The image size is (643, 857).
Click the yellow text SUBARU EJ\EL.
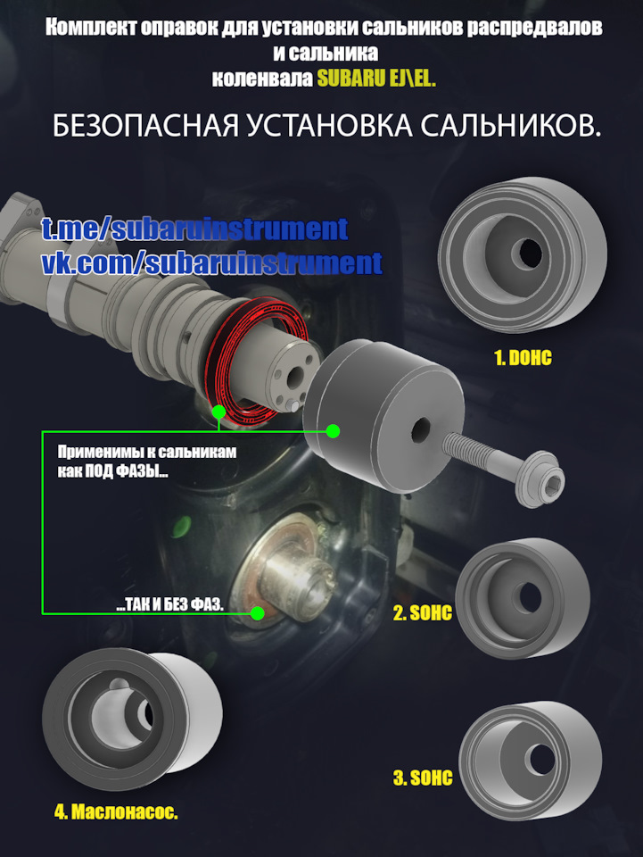point(376,78)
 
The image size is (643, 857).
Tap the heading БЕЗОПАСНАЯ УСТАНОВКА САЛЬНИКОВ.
point(326,126)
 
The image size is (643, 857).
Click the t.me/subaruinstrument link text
point(194,229)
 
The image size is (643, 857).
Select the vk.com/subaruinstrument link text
point(211,263)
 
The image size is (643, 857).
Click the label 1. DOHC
point(523,358)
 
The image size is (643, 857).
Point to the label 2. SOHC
point(423,613)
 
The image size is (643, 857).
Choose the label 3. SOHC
point(423,778)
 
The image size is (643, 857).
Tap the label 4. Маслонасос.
point(116,812)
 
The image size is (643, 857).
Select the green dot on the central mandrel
point(333,431)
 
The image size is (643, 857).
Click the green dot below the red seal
point(218,412)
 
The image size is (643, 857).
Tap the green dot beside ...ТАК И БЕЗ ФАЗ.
point(258,613)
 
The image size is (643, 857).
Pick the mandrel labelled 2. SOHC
point(522,591)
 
